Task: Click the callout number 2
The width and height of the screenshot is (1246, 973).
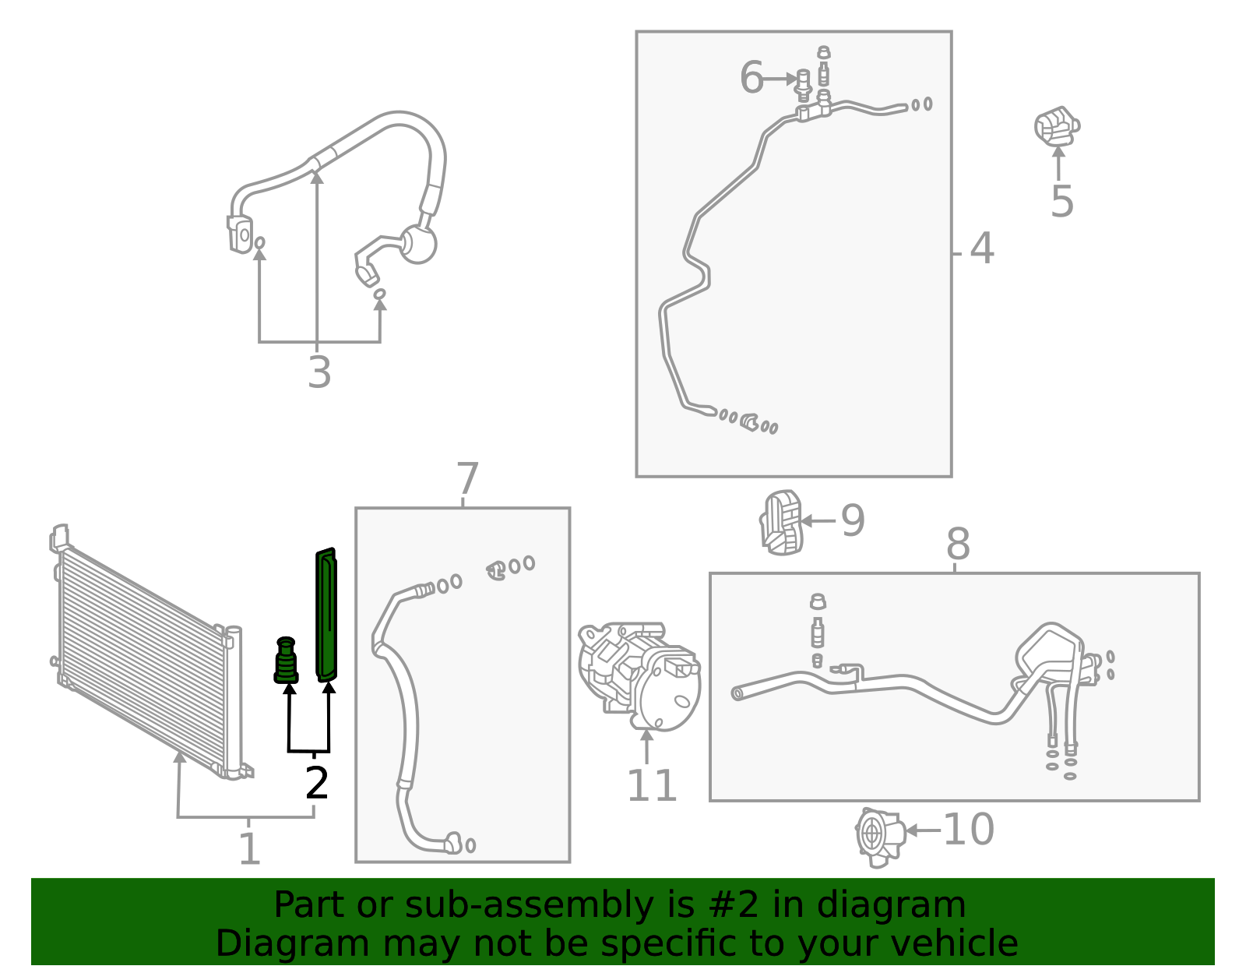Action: coord(317,783)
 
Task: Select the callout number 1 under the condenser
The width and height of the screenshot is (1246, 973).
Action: coord(250,849)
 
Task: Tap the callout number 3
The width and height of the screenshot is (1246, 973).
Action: coord(319,372)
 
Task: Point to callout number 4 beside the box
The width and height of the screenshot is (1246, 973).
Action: coord(982,249)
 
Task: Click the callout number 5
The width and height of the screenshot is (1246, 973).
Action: coord(1062,202)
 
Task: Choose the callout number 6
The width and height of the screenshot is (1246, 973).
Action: coord(751,77)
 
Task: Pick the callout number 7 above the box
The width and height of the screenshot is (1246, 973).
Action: coord(467,479)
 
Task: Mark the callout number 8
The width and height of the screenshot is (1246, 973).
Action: coord(958,544)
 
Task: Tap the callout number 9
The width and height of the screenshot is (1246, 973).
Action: coord(853,520)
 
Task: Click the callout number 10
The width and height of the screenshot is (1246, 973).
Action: coord(969,830)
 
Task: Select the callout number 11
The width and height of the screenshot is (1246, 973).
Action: coord(652,786)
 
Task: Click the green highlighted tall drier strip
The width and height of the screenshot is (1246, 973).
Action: coord(326,615)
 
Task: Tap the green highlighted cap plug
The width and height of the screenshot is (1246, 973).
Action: coord(286,660)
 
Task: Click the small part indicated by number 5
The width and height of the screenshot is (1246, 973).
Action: coord(1057,126)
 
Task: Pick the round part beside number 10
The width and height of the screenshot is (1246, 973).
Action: coord(879,837)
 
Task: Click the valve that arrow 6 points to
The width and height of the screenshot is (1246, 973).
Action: coord(804,86)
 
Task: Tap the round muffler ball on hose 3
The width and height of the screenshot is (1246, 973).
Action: coord(417,245)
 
